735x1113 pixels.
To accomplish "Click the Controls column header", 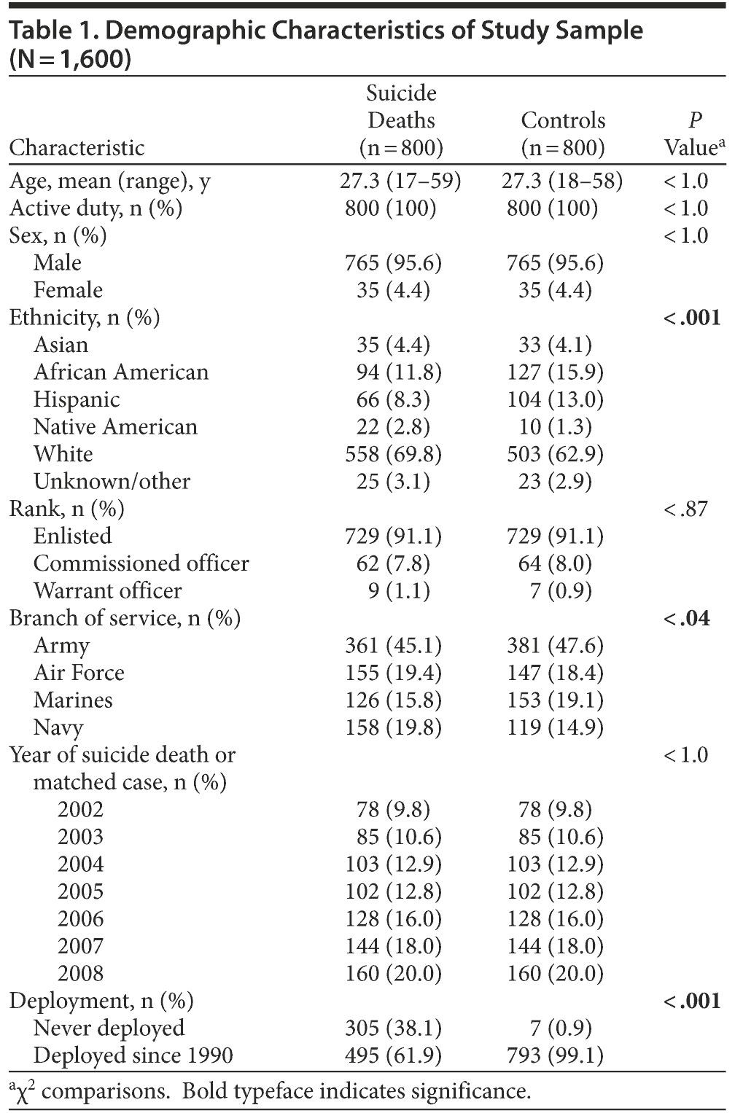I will [x=562, y=134].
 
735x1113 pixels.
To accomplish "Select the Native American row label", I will [x=115, y=426].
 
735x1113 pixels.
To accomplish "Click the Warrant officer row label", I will [x=107, y=590].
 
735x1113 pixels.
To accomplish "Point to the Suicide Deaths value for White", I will [x=393, y=454].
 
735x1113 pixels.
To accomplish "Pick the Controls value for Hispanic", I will [x=555, y=399].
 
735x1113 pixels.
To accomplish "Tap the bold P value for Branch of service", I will [x=686, y=618].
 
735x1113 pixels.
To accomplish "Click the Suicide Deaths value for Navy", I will [x=393, y=727].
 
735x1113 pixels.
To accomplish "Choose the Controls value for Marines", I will [x=555, y=700].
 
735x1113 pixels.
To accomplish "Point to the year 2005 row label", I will [x=80, y=891].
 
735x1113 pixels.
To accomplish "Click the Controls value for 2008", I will [x=555, y=973].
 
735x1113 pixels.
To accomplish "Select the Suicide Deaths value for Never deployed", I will [x=393, y=1028].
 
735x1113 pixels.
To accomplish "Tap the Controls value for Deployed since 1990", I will [x=555, y=1055].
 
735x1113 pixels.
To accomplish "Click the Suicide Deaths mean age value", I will [x=400, y=181].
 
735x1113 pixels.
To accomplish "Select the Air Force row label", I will [x=79, y=673].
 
